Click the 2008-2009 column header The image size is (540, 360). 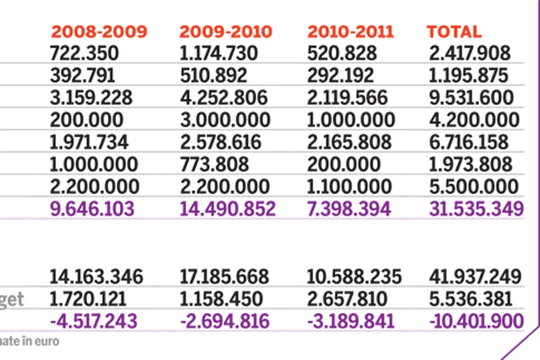pyautogui.click(x=99, y=32)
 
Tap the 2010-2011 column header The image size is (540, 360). pyautogui.click(x=350, y=32)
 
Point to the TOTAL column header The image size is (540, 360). pyautogui.click(x=454, y=32)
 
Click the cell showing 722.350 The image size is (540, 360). pyautogui.click(x=84, y=53)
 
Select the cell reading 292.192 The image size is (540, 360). pyautogui.click(x=340, y=76)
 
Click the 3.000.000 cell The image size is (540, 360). pyautogui.click(x=225, y=120)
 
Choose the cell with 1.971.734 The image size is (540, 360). pyautogui.click(x=89, y=142)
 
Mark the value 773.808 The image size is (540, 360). pyautogui.click(x=214, y=165)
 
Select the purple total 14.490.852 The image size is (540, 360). pyautogui.click(x=227, y=209)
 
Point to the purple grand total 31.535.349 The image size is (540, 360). pyautogui.click(x=476, y=209)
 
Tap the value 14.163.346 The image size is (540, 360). pyautogui.click(x=96, y=277)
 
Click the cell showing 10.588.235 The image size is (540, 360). pyautogui.click(x=354, y=277)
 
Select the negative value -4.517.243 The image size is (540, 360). pyautogui.click(x=94, y=321)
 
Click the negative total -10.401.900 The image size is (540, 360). pyautogui.click(x=476, y=321)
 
